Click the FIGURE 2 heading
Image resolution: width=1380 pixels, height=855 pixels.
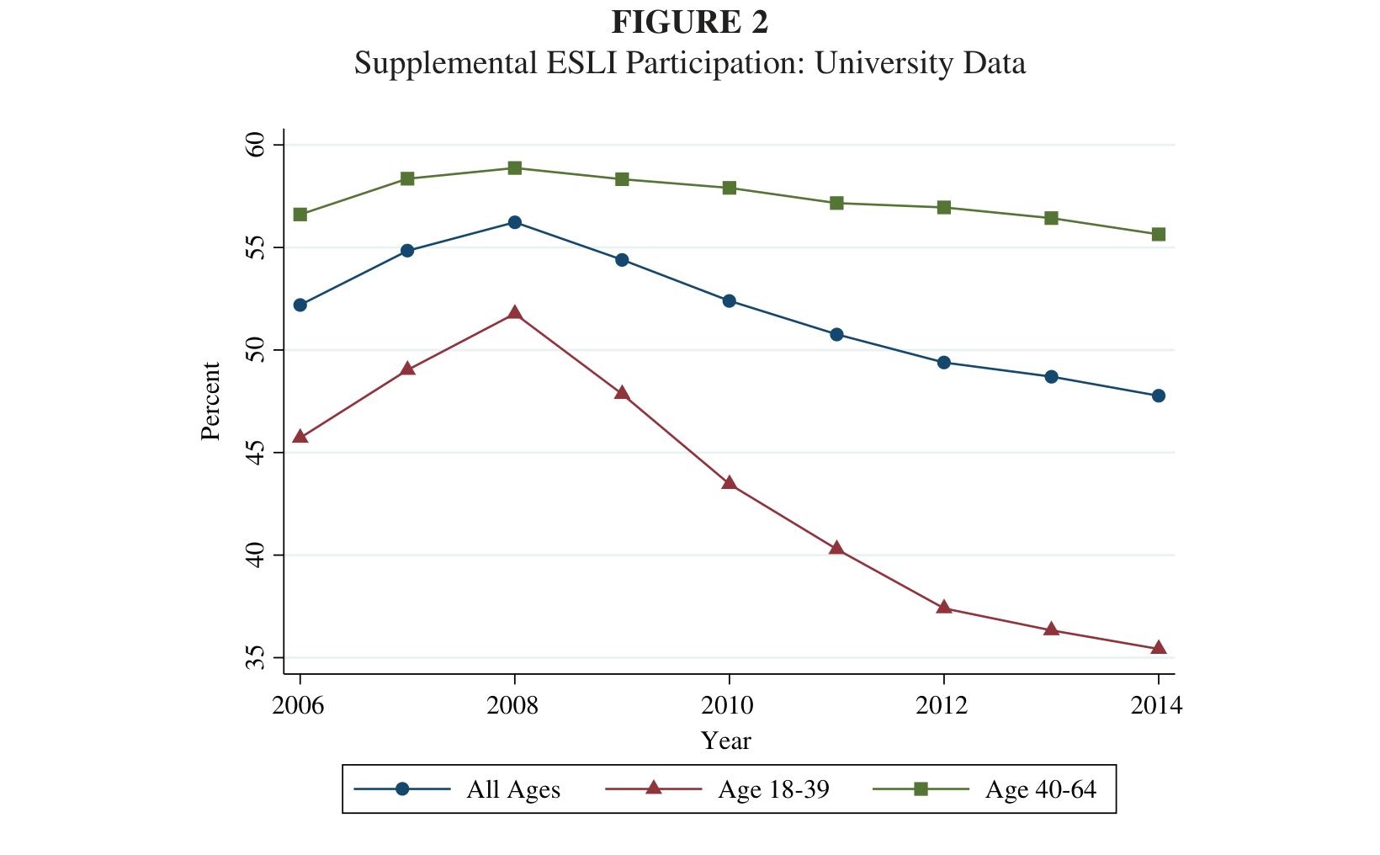(689, 22)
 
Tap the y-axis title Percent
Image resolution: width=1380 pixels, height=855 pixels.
(210, 401)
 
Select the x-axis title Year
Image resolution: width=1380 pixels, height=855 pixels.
(725, 741)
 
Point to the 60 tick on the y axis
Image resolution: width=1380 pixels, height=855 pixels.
(255, 145)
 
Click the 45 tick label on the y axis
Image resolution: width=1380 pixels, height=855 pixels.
(255, 453)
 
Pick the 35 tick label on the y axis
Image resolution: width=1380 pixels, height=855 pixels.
(255, 657)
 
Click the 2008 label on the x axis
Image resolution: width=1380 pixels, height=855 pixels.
(512, 705)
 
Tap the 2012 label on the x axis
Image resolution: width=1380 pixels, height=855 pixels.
(942, 705)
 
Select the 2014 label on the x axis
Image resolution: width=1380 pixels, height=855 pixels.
(1156, 705)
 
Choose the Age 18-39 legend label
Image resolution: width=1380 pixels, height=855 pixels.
(774, 789)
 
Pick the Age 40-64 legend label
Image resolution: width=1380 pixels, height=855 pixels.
(1041, 789)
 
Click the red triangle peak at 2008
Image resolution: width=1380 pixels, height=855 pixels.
(515, 313)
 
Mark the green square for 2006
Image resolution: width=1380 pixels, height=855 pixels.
(300, 215)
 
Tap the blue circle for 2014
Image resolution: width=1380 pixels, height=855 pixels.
(1158, 396)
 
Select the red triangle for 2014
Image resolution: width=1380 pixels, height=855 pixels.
(1158, 647)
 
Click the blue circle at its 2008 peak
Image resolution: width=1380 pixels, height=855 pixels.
(515, 222)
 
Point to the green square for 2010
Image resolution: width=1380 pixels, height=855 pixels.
(730, 188)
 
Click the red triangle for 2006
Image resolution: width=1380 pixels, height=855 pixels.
(300, 437)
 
